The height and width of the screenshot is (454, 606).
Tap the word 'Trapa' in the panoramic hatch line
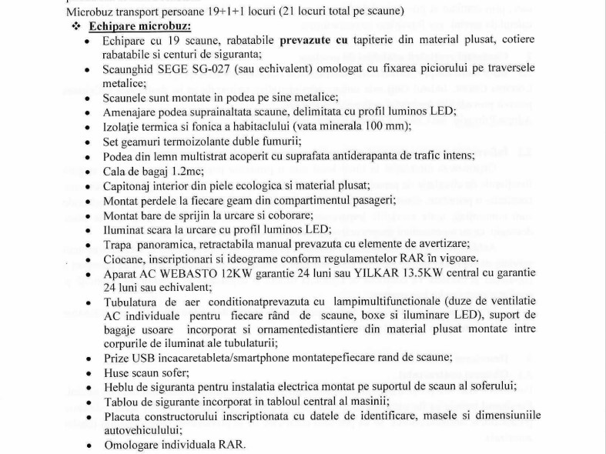[x=119, y=243]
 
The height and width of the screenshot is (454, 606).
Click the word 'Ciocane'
[x=125, y=258]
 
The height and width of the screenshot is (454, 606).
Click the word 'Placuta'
[x=125, y=416]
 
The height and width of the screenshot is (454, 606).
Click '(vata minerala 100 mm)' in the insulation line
[x=340, y=126]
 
